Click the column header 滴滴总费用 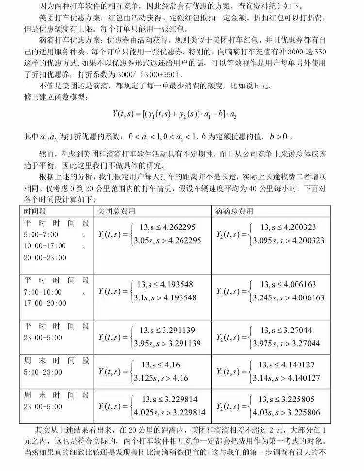point(234,211)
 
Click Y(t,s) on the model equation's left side point(123,114)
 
